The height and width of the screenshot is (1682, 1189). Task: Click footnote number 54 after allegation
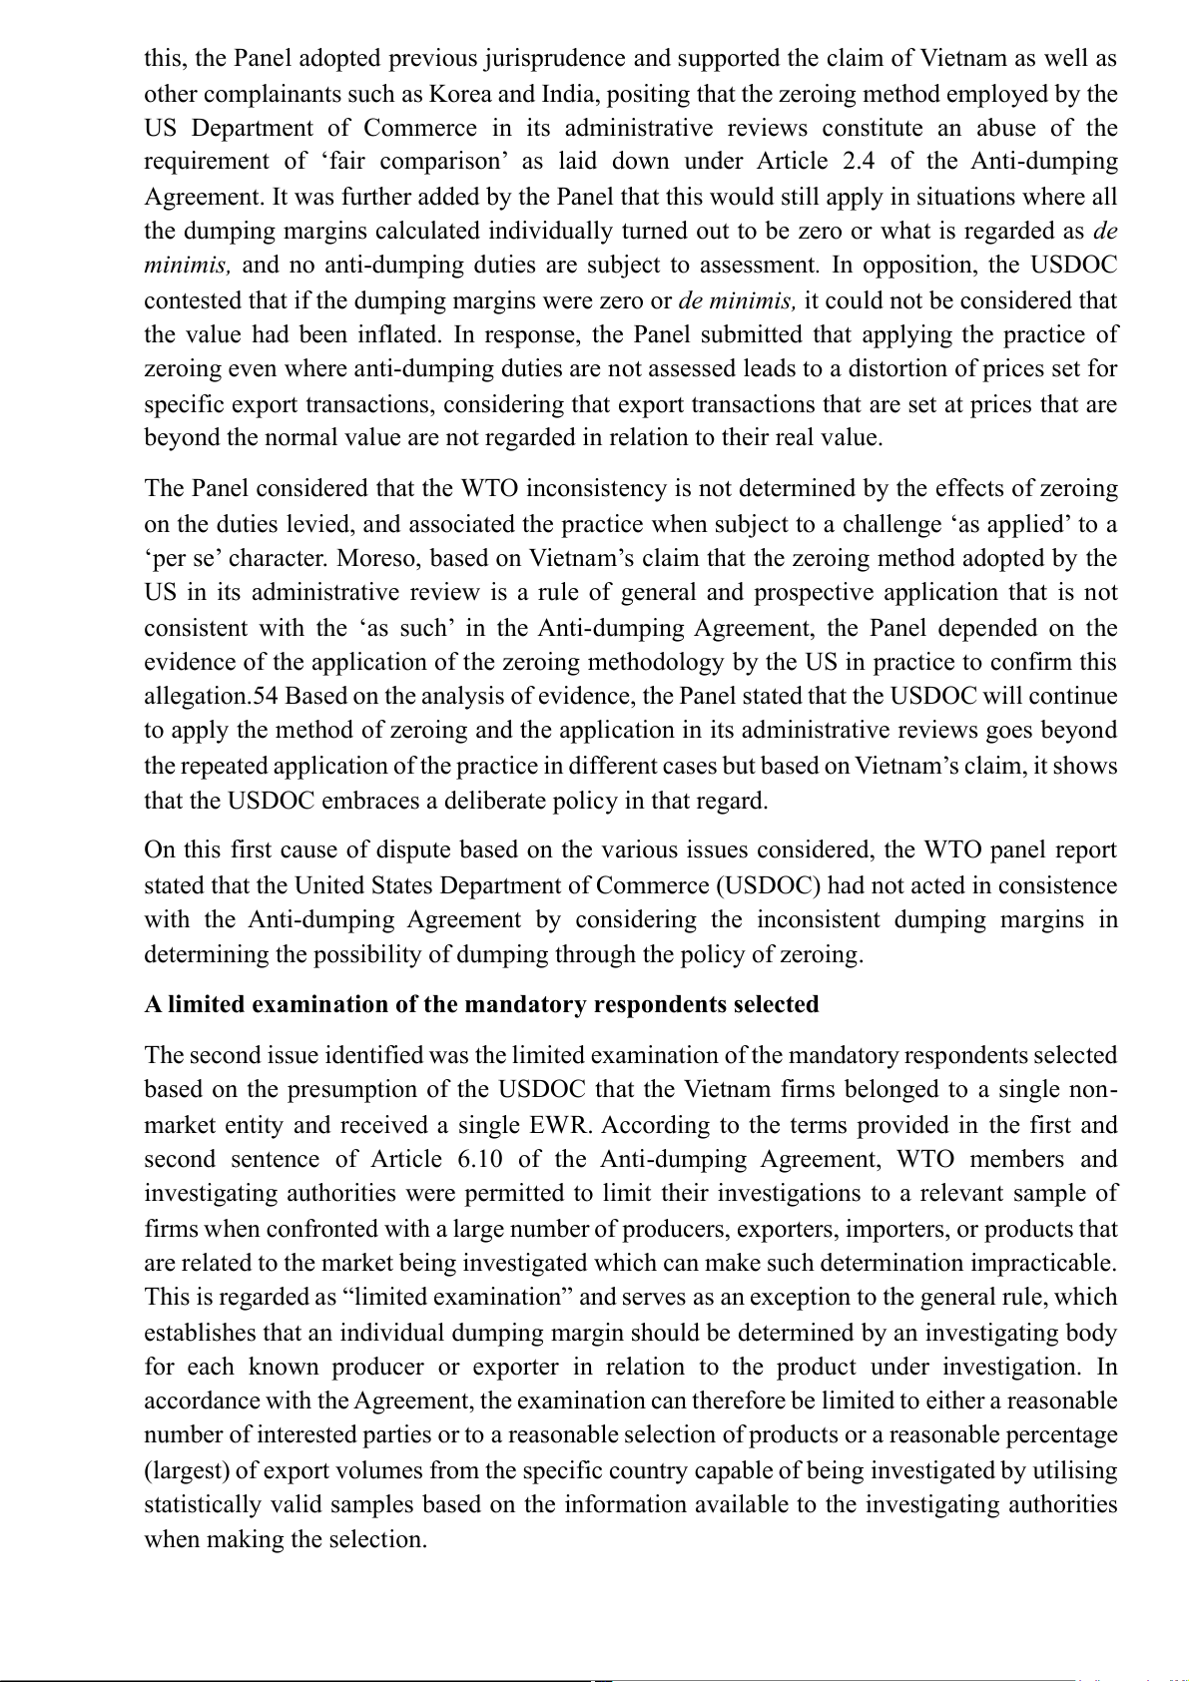(267, 696)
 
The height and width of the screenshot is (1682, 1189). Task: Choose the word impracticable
(1043, 1263)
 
